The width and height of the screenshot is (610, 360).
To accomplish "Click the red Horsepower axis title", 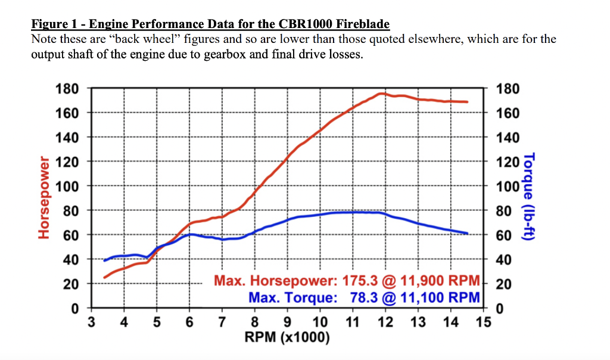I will (x=43, y=197).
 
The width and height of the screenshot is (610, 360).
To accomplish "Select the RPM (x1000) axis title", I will (x=287, y=337).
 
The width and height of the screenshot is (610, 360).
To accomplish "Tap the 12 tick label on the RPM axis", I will (x=385, y=323).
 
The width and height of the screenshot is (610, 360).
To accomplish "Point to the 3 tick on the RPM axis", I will (x=91, y=323).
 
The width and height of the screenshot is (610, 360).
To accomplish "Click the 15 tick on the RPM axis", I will (x=483, y=323).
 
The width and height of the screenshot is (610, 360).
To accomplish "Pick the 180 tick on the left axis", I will (x=67, y=89).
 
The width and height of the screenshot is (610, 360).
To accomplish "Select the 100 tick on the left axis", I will (x=67, y=186).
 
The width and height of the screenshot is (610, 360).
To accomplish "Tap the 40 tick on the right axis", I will (x=503, y=259).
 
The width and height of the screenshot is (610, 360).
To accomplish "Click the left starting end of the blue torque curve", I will (x=105, y=260).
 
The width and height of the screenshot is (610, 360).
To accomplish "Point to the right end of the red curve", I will (x=468, y=102).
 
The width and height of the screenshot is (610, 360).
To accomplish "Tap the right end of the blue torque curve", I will (x=468, y=233).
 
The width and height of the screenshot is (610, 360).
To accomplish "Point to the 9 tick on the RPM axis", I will (x=288, y=323).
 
